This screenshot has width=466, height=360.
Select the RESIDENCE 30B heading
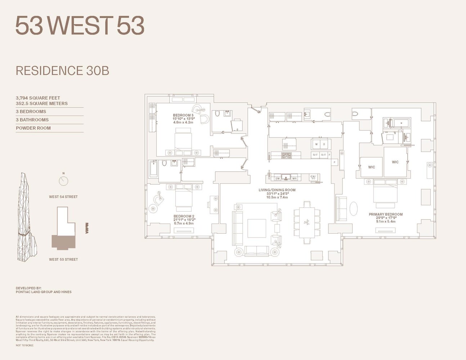[62, 71]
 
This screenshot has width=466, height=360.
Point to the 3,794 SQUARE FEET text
[38, 98]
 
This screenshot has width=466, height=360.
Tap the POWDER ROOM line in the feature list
[33, 128]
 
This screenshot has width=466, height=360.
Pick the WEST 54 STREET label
[63, 197]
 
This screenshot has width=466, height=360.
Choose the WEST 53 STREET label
[63, 260]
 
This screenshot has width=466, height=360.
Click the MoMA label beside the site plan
[87, 228]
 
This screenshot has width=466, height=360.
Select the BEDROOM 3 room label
[183, 116]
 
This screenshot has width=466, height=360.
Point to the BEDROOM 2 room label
[184, 216]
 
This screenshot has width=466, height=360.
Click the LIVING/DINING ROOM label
[277, 190]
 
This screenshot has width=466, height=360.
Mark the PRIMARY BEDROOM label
[386, 215]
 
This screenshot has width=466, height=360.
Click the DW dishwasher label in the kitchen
[277, 179]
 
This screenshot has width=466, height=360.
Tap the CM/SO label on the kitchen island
[313, 177]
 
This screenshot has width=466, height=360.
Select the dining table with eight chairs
[307, 222]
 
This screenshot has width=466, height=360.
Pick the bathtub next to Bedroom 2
[153, 168]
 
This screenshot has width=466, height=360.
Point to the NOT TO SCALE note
[24, 346]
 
